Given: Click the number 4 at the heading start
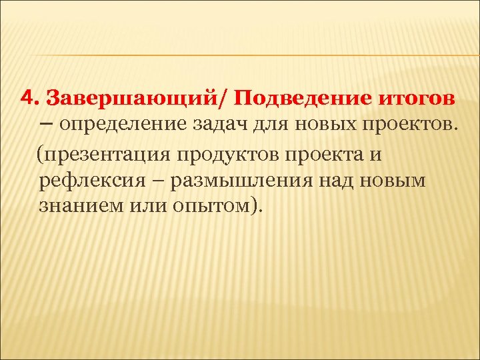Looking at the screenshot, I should pyautogui.click(x=26, y=98).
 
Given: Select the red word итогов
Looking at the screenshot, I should pyautogui.click(x=417, y=99).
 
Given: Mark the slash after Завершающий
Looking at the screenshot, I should pyautogui.click(x=231, y=99).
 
